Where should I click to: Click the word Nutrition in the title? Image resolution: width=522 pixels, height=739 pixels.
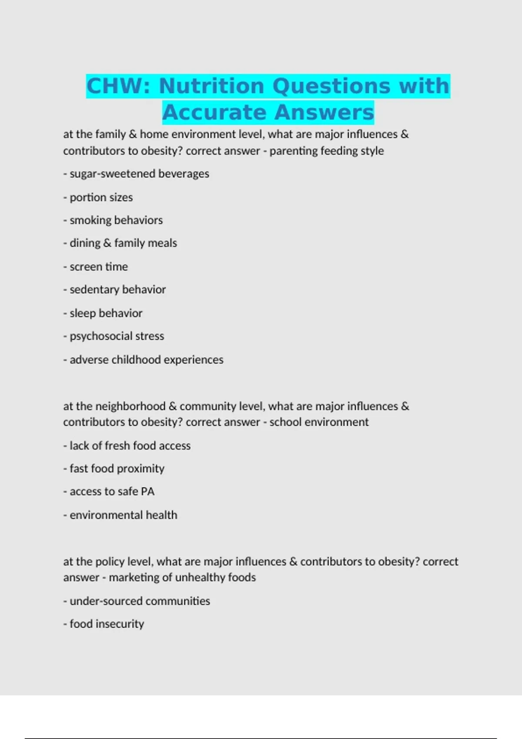[211, 86]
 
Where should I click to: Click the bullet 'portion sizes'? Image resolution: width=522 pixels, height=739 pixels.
[98, 197]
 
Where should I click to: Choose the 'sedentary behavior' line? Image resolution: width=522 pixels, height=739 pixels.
[115, 290]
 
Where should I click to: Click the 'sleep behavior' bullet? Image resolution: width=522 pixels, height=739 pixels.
[103, 313]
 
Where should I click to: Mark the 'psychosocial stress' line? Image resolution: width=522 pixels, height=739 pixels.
[114, 336]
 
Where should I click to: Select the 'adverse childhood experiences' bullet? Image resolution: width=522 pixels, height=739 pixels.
[144, 360]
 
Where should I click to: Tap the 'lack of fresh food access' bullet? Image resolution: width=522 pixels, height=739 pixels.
[127, 446]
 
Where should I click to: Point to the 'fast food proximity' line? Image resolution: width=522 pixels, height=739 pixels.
[114, 469]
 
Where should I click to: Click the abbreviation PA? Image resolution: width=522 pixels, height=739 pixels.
[147, 492]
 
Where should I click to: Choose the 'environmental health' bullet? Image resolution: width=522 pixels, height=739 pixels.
[120, 515]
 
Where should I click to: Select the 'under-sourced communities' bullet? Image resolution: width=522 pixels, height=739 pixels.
[137, 601]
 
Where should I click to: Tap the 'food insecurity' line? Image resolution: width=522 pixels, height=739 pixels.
[104, 624]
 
